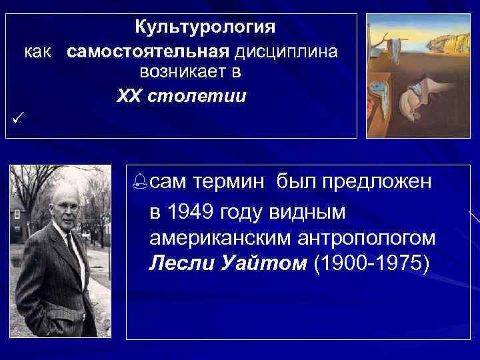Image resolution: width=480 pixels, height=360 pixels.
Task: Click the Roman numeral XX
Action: point(128,96)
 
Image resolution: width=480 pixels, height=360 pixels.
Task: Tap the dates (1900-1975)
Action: point(373,262)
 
